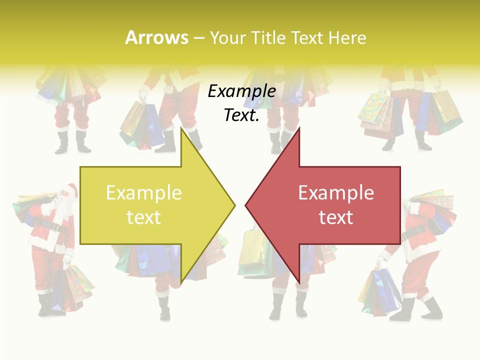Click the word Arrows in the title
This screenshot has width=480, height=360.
coord(156,37)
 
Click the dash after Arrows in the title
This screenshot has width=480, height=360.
coord(198,38)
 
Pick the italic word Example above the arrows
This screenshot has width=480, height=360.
coord(242,91)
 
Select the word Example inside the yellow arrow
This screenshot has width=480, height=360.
coord(144,193)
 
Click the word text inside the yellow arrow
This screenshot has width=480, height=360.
coord(144,217)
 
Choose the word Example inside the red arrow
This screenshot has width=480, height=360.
coord(336,193)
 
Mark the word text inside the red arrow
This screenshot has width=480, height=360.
coord(336,217)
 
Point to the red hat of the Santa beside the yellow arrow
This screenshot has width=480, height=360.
coord(71,189)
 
